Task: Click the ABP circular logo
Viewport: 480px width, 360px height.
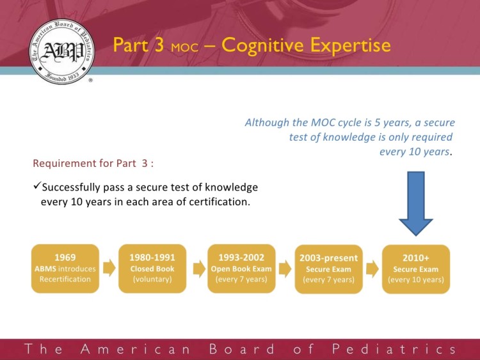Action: tap(61, 51)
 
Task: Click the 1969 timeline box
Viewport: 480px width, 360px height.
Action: tap(65, 269)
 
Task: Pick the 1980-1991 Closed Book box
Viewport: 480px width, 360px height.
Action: tap(152, 269)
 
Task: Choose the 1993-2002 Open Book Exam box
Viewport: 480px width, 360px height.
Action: tap(241, 269)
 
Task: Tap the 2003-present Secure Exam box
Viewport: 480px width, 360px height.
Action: tap(328, 269)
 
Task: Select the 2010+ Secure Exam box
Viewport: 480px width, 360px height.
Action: tap(416, 269)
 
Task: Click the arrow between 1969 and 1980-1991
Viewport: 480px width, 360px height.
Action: tap(109, 269)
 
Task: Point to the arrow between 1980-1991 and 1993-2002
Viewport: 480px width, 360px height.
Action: tap(196, 269)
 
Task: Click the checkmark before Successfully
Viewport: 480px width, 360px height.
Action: tap(36, 187)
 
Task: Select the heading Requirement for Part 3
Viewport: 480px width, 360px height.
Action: tap(93, 162)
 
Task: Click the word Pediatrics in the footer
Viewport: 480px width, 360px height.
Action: tap(394, 349)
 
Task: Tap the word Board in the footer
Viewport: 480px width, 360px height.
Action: tap(243, 349)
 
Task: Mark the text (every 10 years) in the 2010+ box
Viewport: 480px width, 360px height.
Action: tap(416, 280)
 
